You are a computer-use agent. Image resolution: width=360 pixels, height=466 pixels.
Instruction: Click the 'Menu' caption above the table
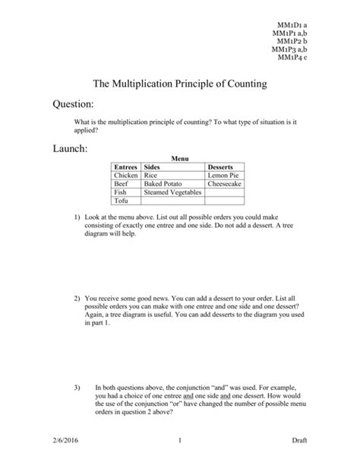(x=179, y=158)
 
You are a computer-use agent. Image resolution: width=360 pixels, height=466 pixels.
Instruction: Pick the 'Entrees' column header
(x=125, y=166)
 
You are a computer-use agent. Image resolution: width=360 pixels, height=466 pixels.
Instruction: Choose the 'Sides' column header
(x=153, y=166)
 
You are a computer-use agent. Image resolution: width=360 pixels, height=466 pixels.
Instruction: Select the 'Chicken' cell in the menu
(x=126, y=175)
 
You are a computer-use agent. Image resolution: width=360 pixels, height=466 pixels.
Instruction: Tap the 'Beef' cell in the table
(x=122, y=184)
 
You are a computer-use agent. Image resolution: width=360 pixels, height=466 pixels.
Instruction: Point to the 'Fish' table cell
(x=121, y=193)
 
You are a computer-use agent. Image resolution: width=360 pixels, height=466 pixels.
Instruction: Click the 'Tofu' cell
(x=122, y=202)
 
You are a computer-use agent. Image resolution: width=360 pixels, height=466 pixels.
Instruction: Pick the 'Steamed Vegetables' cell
(x=172, y=193)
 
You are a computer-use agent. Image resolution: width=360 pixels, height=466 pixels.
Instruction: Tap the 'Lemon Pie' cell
(x=224, y=175)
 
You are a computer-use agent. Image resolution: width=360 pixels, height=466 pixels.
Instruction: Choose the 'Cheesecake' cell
(x=226, y=184)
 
